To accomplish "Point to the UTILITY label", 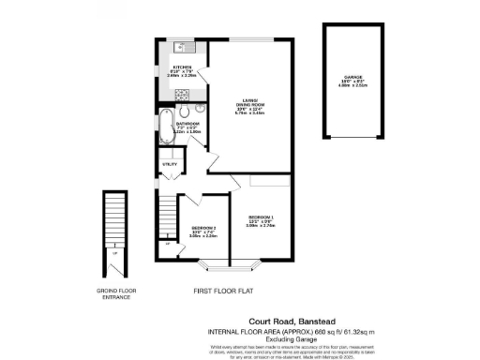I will pyautogui.click(x=170, y=164).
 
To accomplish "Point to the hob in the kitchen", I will pyautogui.click(x=184, y=93).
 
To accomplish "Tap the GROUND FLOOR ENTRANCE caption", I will pyautogui.click(x=117, y=294).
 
